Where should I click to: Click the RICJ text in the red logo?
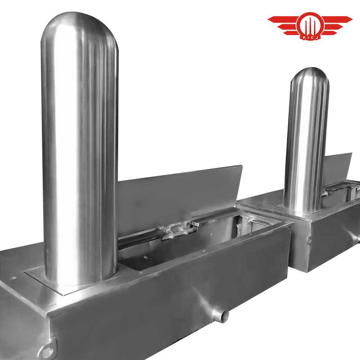pyautogui.click(x=310, y=37)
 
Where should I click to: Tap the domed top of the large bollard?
pyautogui.click(x=80, y=25)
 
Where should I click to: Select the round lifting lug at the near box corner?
pyautogui.click(x=48, y=351)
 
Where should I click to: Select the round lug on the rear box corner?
pyautogui.click(x=310, y=240)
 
